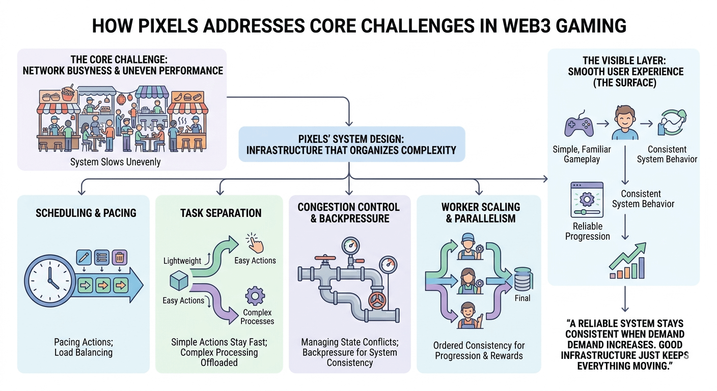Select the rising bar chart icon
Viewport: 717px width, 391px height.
point(627,262)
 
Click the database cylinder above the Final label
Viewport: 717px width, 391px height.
point(522,279)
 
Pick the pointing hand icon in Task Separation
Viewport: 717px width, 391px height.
point(255,244)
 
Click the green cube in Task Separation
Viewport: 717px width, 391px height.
point(180,282)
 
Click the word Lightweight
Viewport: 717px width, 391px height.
point(182,261)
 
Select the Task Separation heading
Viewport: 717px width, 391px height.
point(220,213)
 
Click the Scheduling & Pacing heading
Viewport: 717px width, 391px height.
point(86,213)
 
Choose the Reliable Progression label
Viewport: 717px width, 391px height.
point(588,231)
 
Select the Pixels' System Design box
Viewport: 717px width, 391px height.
point(351,144)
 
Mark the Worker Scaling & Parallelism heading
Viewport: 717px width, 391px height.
point(481,213)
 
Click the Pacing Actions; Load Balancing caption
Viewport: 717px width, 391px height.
point(84,347)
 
